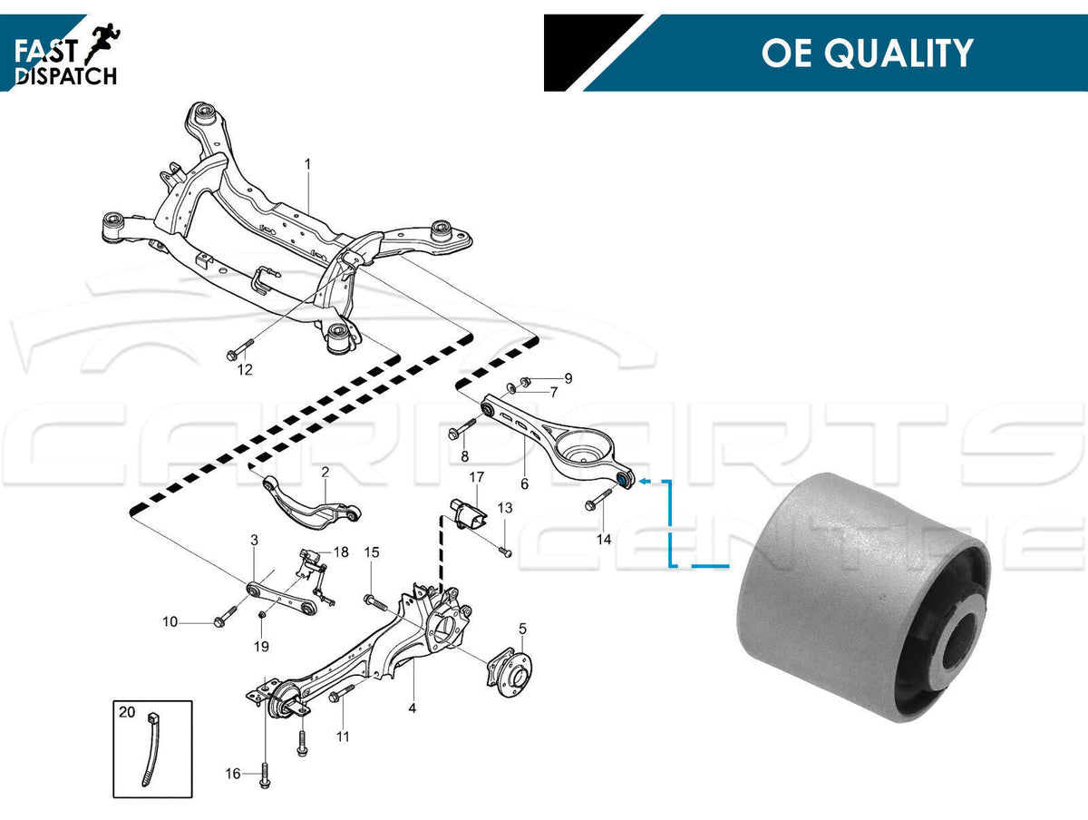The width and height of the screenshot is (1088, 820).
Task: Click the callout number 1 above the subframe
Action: (x=307, y=164)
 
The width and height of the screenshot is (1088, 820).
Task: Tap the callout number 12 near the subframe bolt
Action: (x=245, y=369)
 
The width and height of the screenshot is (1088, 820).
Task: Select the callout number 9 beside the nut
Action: (x=568, y=377)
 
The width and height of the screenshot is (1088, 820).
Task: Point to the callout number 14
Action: (x=604, y=538)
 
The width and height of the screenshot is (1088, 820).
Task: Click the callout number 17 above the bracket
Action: (x=476, y=477)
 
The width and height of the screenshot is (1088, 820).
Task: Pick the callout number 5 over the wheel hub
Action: (x=522, y=628)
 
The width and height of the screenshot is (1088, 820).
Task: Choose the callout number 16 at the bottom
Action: (x=233, y=774)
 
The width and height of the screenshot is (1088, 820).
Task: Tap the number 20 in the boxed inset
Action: (x=126, y=712)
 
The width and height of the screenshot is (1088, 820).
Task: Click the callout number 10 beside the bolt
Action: (x=170, y=622)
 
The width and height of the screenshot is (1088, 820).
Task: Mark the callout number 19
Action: (x=261, y=647)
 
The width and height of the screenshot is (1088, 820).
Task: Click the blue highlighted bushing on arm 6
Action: (x=624, y=478)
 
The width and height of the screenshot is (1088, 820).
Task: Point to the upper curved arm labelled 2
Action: (x=308, y=503)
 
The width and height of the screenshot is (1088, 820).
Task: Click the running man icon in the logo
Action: (x=104, y=38)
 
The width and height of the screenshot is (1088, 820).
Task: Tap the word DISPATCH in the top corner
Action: (x=66, y=76)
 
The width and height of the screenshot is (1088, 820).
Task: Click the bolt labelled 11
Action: (x=337, y=697)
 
